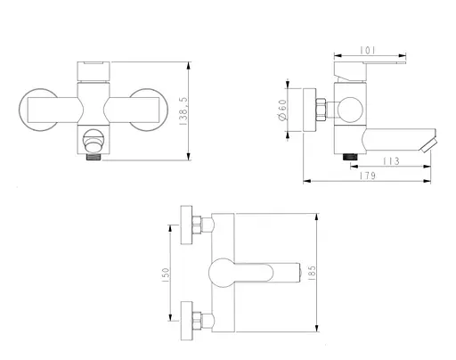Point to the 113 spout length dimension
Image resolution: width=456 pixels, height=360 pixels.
389,162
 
